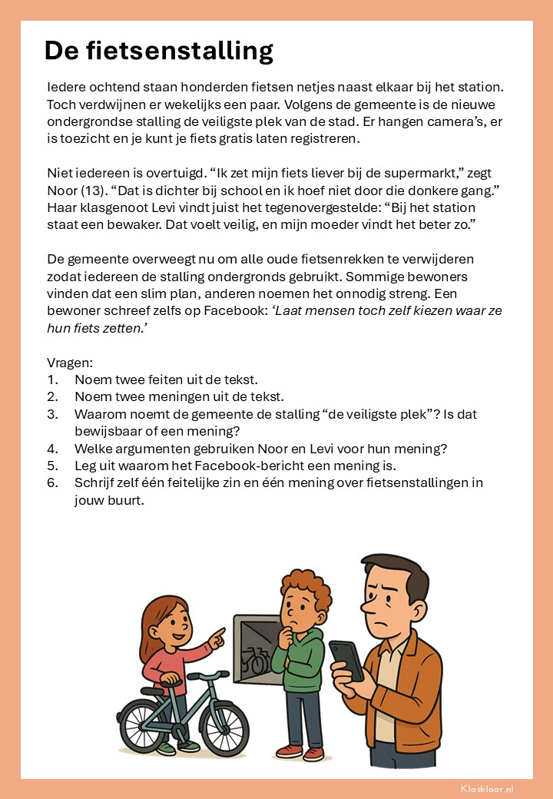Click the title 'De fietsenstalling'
point(159,51)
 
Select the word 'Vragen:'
point(70,363)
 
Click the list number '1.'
point(52,380)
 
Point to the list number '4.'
point(52,449)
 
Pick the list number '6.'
point(52,482)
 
